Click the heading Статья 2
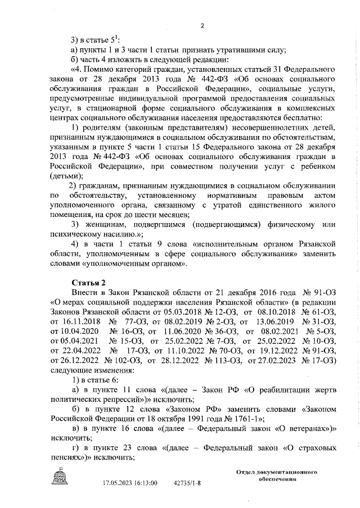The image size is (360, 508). (x=88, y=282)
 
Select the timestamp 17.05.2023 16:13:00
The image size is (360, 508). (x=130, y=483)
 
